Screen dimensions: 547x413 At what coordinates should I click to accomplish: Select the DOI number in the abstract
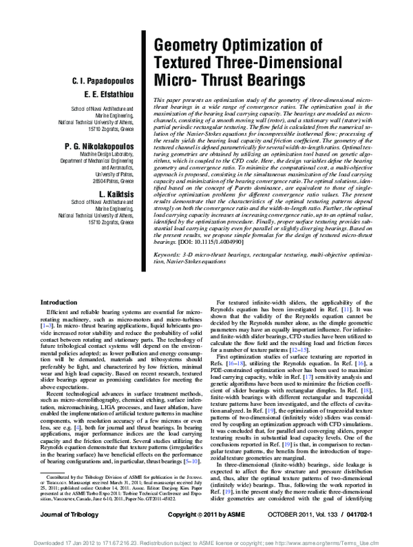[x=200, y=262]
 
